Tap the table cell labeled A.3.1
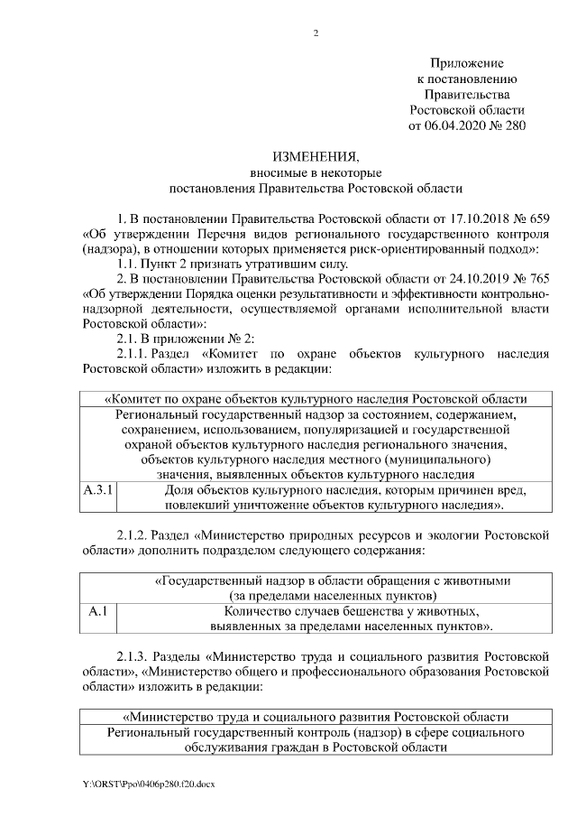click(x=98, y=490)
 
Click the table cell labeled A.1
click(x=98, y=611)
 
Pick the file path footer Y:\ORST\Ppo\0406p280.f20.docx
click(x=149, y=784)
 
